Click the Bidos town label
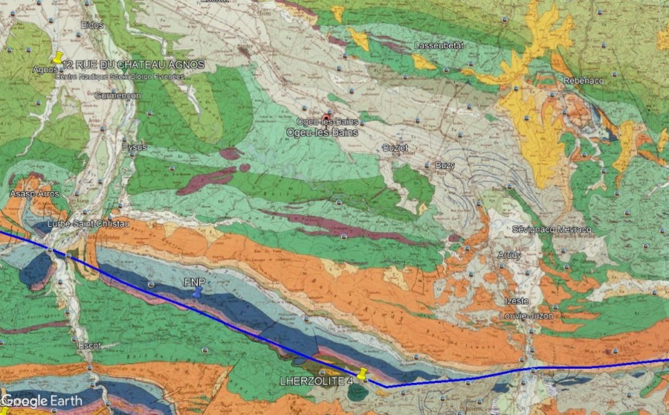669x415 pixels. (91, 25)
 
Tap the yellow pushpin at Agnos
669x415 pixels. (58, 59)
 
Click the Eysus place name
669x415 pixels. (134, 147)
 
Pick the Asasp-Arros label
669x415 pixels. (34, 194)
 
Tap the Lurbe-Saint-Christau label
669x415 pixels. (79, 224)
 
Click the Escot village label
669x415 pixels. (89, 345)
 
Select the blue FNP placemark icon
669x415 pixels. (196, 293)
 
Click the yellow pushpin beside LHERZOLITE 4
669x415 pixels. (363, 375)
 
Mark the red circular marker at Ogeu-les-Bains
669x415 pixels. (326, 118)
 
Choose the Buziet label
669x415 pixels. (394, 147)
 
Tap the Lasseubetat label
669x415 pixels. (438, 45)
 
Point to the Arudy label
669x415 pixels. (509, 255)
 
